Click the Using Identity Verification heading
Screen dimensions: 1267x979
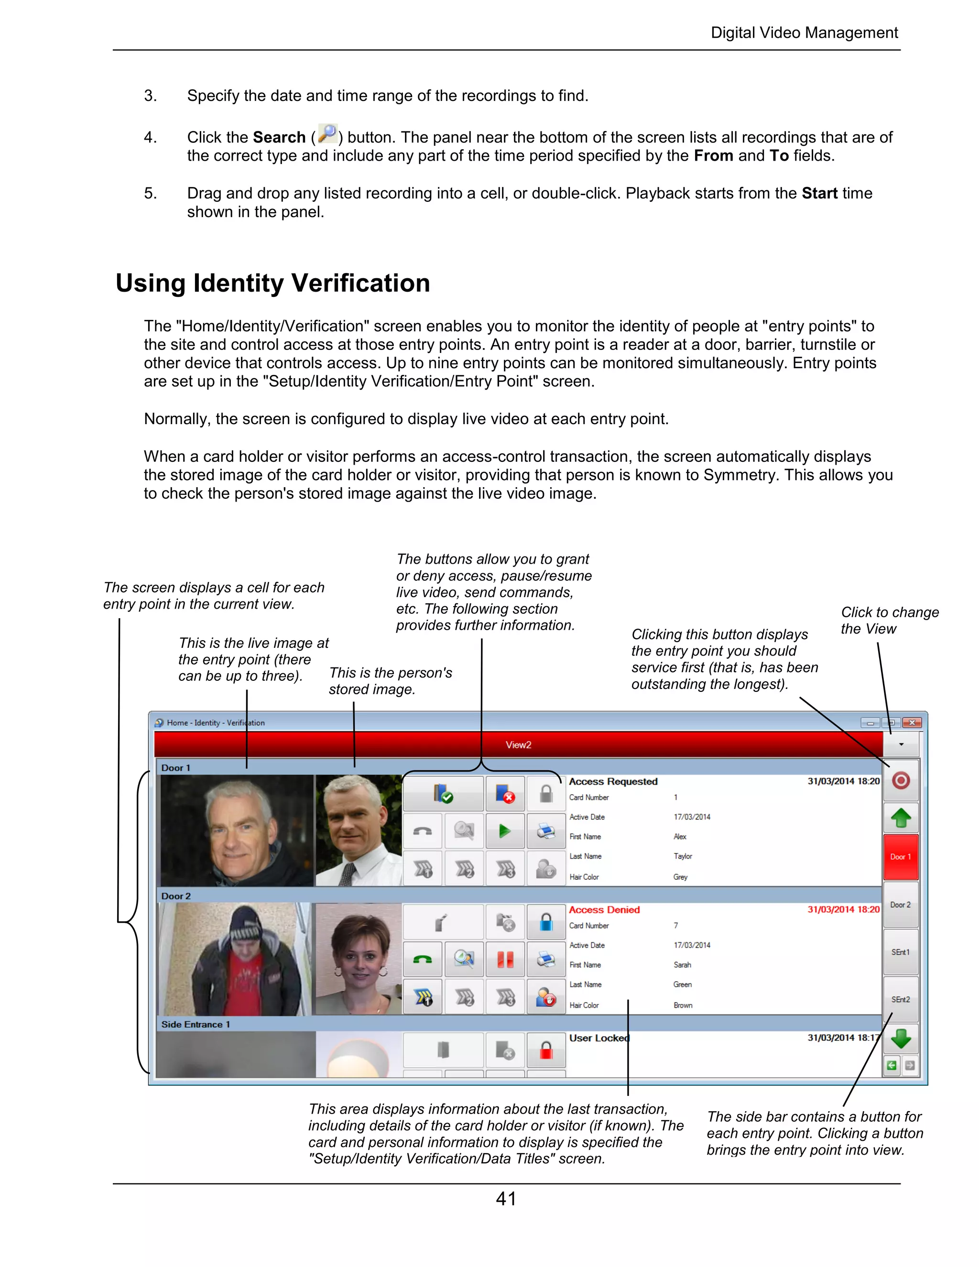tap(272, 283)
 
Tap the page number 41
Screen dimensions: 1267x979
tap(506, 1199)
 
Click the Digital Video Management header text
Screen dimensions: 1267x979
tap(804, 33)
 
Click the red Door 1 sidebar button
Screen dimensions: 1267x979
tap(900, 856)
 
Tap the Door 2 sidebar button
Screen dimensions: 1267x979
tap(900, 905)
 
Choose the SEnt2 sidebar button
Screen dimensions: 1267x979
tap(900, 999)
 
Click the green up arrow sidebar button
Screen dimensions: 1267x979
tap(900, 818)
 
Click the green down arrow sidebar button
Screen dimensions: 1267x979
tap(900, 1038)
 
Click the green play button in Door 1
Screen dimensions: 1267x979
tap(505, 831)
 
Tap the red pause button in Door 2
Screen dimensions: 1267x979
tap(505, 960)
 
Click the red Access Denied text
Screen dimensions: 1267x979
tap(604, 910)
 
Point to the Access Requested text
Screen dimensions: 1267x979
tap(612, 781)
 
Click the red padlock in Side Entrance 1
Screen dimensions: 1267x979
tap(546, 1050)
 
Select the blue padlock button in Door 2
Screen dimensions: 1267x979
tap(546, 922)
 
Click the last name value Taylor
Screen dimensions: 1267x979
tap(683, 856)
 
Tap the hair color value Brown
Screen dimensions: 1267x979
tap(683, 1005)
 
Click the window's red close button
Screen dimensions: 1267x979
tap(912, 722)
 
